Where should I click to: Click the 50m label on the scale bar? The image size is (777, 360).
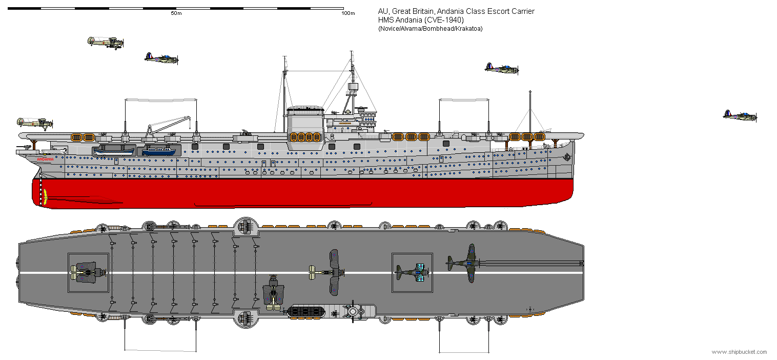click(x=176, y=13)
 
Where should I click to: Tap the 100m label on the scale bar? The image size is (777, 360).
click(x=348, y=13)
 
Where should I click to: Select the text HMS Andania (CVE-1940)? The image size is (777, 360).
click(x=421, y=20)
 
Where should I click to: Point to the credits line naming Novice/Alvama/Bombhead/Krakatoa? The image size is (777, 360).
click(x=430, y=29)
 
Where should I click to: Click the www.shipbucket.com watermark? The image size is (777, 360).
click(x=739, y=352)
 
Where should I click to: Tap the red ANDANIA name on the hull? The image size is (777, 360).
click(x=46, y=159)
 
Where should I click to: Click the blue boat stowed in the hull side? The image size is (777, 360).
click(x=158, y=151)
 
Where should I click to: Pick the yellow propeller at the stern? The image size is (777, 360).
click(x=45, y=196)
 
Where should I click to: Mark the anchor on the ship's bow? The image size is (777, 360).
click(x=567, y=157)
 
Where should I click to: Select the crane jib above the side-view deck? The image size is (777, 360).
click(x=169, y=124)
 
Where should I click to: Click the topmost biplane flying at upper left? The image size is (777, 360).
click(x=106, y=43)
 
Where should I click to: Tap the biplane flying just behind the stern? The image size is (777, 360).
click(x=35, y=123)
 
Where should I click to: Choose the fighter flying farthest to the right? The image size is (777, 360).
click(x=740, y=115)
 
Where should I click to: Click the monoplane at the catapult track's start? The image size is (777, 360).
click(x=464, y=263)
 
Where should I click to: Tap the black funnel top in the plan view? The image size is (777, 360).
click(x=305, y=311)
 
